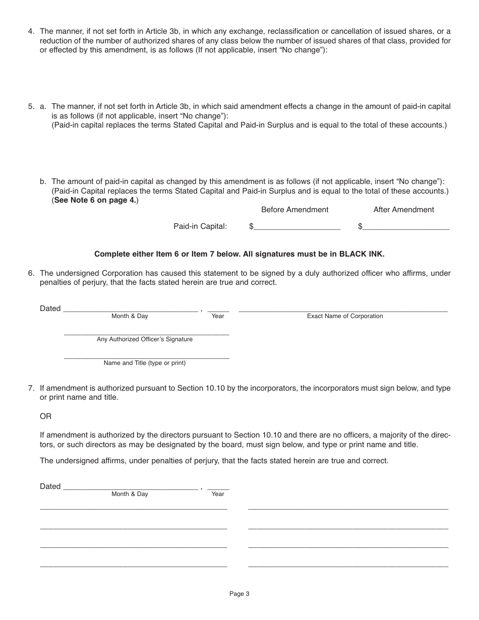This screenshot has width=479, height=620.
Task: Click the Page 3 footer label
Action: [x=239, y=594]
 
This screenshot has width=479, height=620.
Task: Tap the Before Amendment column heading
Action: [x=294, y=210]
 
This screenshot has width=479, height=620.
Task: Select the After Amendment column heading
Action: [x=403, y=210]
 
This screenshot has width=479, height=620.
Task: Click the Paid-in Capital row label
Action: [x=200, y=226]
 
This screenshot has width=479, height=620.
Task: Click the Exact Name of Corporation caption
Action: [x=345, y=316]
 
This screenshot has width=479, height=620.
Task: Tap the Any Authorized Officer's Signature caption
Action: [x=145, y=339]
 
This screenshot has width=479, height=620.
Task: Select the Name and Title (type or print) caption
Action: [x=145, y=363]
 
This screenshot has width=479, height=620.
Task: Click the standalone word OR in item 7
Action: [x=45, y=416]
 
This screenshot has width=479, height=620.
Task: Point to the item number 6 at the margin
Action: [x=31, y=273]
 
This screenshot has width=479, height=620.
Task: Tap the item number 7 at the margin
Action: [x=31, y=388]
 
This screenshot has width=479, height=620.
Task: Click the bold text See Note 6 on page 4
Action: [x=95, y=200]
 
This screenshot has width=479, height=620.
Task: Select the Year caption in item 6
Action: [x=218, y=316]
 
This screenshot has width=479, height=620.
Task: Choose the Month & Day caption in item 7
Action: [x=130, y=494]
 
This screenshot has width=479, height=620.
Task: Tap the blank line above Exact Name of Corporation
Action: [x=343, y=311]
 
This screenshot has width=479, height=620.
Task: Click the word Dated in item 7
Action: [x=50, y=486]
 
